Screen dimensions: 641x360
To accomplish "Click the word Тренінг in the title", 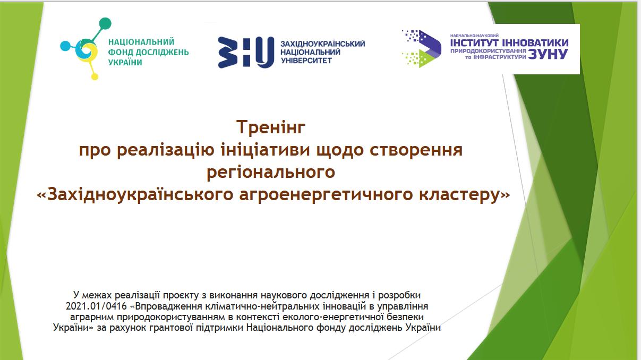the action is coord(271,127).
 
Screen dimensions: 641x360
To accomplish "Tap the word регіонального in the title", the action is coord(271,172).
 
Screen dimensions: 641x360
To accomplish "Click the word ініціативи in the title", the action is coord(266,150).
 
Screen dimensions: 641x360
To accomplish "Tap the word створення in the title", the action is coord(416,150).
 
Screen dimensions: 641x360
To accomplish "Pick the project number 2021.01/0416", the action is coord(96,306).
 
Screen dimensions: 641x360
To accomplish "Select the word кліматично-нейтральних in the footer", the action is coord(263,306).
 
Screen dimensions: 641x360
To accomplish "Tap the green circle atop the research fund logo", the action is coord(105,23).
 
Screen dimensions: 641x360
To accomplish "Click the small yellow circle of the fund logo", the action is coord(95,76).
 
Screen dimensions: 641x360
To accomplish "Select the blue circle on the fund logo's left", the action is coord(65,46).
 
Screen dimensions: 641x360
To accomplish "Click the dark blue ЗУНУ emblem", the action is coord(246,53).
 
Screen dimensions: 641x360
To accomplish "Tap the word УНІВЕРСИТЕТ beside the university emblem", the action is coord(306,61).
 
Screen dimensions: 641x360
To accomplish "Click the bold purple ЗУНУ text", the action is coord(548,54).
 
